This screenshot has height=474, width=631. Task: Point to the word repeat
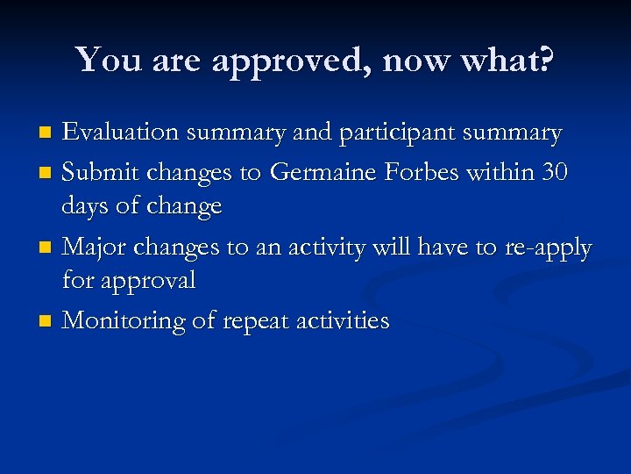coord(254,322)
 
